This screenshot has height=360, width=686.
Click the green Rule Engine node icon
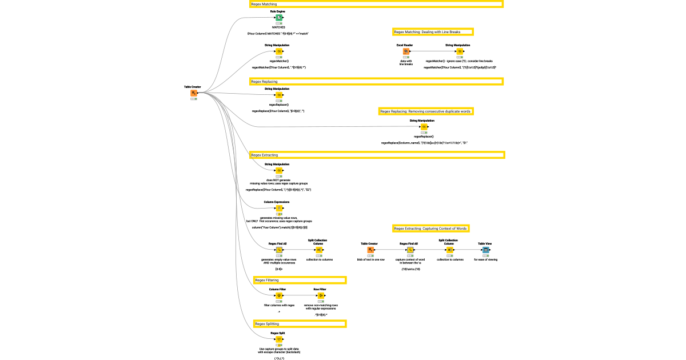pos(279,18)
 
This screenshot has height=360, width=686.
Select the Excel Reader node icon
pos(405,51)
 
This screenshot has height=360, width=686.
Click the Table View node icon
pos(485,250)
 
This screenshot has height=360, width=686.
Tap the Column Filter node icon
pos(279,295)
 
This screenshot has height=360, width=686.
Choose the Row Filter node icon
pos(321,295)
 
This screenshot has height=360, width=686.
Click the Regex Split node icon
pos(279,339)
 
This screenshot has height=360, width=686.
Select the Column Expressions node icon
pos(279,208)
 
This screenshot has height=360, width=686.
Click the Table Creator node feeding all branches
pos(194,93)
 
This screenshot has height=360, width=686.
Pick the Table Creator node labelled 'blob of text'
pos(370,250)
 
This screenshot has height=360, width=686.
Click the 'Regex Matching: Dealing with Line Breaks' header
pos(433,32)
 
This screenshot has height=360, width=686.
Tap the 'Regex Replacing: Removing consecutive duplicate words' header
pos(427,111)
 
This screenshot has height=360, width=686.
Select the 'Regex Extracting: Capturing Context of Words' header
pos(431,229)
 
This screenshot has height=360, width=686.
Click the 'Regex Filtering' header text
pos(267,280)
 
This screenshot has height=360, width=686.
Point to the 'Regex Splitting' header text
pos(267,324)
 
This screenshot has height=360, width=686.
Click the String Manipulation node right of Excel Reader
pos(460,51)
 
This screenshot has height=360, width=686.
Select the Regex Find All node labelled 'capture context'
pos(410,250)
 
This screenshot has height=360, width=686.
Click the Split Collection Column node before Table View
pos(450,250)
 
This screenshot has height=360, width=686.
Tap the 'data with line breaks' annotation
pos(406,62)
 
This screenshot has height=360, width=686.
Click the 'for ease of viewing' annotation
pos(485,259)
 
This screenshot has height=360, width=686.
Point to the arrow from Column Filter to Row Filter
pos(300,295)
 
